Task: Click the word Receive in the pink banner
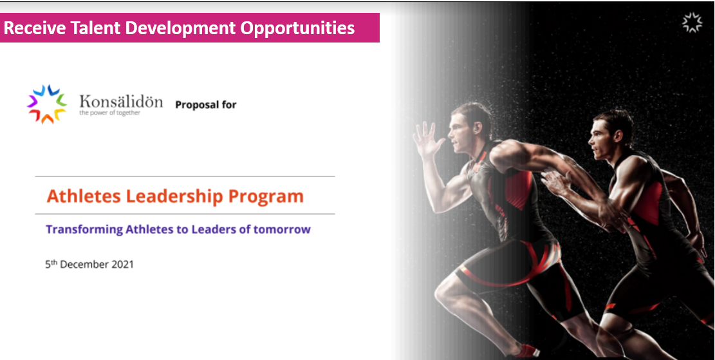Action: pos(35,28)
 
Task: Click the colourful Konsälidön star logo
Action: pos(46,104)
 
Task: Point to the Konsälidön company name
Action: pos(121,101)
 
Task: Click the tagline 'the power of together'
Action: pos(109,113)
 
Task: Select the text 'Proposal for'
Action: pos(206,105)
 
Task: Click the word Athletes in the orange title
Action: pos(84,196)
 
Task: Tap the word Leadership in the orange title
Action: pos(174,196)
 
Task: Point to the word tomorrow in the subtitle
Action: pos(282,229)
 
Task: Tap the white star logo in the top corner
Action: pos(692,23)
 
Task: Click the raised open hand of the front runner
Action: pos(427,138)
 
